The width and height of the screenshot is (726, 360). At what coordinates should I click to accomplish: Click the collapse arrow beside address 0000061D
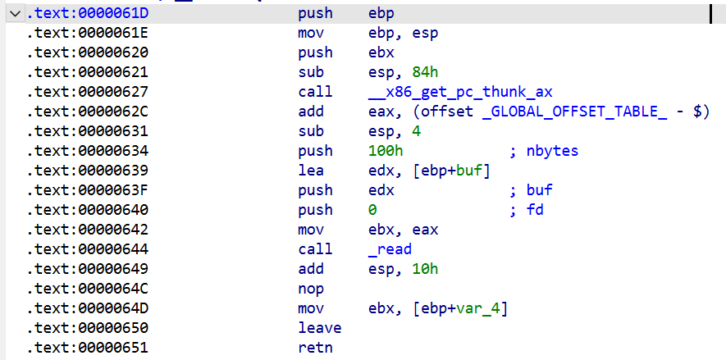pyautogui.click(x=16, y=14)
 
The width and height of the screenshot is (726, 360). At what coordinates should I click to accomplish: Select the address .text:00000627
pyautogui.click(x=88, y=92)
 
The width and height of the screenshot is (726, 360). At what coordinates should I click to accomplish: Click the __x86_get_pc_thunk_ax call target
pyautogui.click(x=460, y=93)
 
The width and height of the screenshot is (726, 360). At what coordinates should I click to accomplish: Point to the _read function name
pyautogui.click(x=390, y=250)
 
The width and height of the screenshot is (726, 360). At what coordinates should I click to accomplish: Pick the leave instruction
pyautogui.click(x=320, y=328)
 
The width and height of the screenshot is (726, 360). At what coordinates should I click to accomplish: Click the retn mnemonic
pyautogui.click(x=315, y=348)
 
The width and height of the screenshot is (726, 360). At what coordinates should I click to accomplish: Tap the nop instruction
pyautogui.click(x=311, y=289)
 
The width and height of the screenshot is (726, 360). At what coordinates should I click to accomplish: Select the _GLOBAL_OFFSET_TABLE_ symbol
pyautogui.click(x=574, y=112)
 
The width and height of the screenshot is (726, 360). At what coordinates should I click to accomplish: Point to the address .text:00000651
pyautogui.click(x=88, y=348)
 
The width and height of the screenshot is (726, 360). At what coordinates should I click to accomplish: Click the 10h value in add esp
pyautogui.click(x=425, y=269)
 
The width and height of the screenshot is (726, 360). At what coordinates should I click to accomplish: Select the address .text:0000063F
pyautogui.click(x=88, y=190)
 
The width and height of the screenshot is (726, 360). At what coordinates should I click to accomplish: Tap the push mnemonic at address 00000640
pyautogui.click(x=315, y=211)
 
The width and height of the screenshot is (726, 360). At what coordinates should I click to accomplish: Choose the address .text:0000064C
pyautogui.click(x=88, y=289)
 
